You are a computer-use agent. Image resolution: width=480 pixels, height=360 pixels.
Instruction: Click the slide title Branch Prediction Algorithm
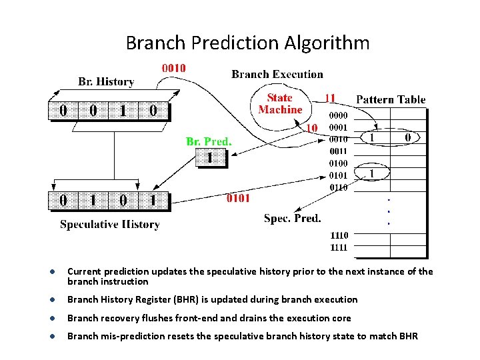[247, 43]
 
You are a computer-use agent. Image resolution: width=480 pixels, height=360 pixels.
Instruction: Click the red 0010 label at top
[174, 68]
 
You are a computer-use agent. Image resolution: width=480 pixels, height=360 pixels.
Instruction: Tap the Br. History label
[106, 82]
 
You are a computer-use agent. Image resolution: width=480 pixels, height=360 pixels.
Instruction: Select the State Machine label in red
[280, 104]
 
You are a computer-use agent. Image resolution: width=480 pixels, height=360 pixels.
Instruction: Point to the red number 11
[329, 98]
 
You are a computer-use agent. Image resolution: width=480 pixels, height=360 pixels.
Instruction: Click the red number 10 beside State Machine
[311, 127]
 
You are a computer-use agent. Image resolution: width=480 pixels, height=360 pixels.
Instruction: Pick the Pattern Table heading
[391, 99]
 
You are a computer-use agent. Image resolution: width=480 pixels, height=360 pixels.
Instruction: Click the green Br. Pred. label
[209, 141]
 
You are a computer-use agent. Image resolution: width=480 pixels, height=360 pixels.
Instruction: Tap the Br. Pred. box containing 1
[210, 158]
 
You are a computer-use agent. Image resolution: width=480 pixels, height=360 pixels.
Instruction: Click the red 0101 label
[238, 197]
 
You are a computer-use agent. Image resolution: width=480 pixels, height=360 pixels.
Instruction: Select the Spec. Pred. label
[292, 218]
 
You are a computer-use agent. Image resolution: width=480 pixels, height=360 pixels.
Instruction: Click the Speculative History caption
[110, 224]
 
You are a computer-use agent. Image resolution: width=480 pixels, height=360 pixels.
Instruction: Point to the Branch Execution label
[277, 75]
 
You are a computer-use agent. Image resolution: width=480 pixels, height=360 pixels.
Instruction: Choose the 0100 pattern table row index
[339, 163]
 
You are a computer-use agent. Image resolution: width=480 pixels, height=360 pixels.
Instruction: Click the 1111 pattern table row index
[339, 247]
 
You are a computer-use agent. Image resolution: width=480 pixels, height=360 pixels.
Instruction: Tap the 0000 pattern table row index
[339, 115]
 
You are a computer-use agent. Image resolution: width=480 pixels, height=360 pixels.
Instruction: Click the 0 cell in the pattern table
[409, 137]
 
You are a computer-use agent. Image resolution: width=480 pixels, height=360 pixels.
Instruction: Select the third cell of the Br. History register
[123, 110]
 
